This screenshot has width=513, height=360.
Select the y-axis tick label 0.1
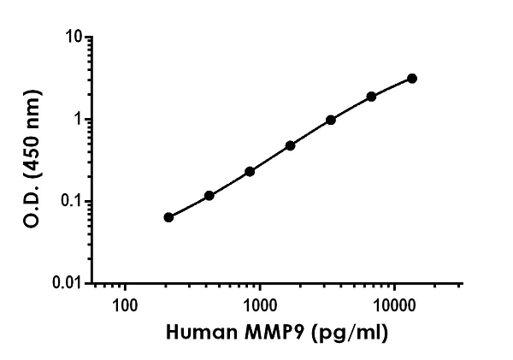pos(72,202)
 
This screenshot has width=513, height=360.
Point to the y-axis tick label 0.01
pos(68,283)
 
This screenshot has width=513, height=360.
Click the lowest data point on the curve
pos(168,217)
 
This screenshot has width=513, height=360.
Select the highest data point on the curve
pos(412,79)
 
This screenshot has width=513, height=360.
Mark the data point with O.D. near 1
pos(331,120)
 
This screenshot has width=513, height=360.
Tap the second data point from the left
pos(209,196)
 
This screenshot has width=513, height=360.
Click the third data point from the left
pos(250,171)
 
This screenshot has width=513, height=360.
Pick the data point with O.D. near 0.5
pos(291,145)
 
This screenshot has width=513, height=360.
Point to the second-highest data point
pos(371,97)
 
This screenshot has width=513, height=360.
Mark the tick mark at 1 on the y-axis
pos(88,120)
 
